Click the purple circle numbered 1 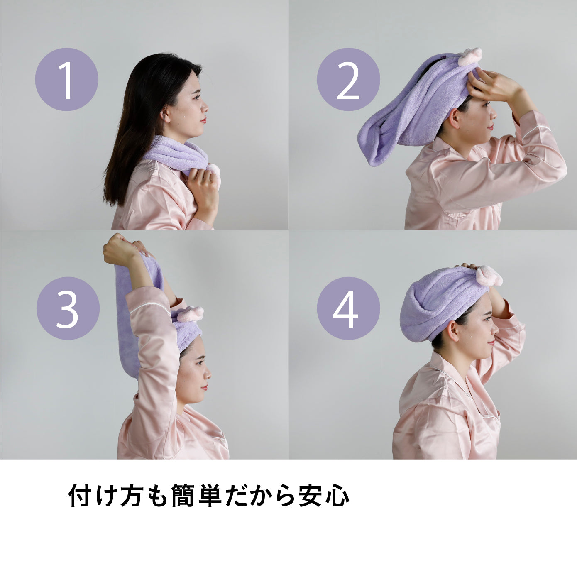(x=66, y=79)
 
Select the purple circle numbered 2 (x=348, y=79)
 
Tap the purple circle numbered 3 (x=68, y=308)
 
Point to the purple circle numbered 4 (x=348, y=308)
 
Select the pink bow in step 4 (x=489, y=276)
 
